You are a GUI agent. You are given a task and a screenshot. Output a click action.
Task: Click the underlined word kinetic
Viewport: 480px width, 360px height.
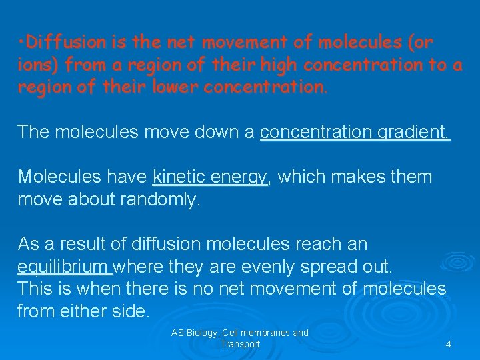[x=179, y=177]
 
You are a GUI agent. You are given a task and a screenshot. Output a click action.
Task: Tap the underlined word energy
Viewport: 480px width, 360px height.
[x=239, y=177]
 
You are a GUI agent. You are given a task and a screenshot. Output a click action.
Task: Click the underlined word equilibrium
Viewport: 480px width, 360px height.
[x=63, y=267]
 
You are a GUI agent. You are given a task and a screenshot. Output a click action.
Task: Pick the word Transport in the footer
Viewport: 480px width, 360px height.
[x=240, y=344]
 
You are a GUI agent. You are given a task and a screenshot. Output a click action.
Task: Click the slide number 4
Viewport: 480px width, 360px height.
[x=448, y=344]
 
